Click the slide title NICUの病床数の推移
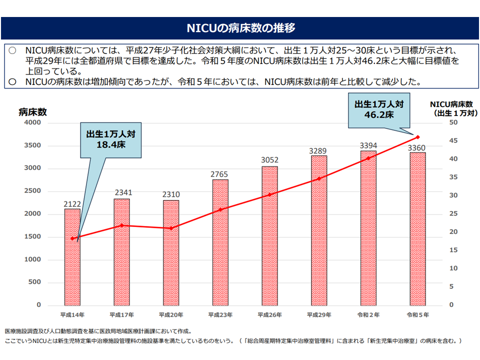point(240,28)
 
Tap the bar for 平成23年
point(220,242)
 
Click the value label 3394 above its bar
point(368,145)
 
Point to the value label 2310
point(170,194)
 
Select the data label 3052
point(269,160)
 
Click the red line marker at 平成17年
point(121,225)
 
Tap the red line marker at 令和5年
point(417,136)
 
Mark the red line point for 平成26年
point(269,194)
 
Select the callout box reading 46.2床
point(378,109)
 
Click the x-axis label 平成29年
point(318,315)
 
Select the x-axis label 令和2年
point(368,315)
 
